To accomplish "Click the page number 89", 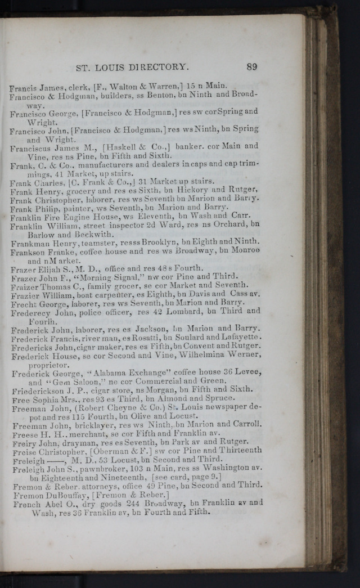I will click(x=251, y=66).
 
